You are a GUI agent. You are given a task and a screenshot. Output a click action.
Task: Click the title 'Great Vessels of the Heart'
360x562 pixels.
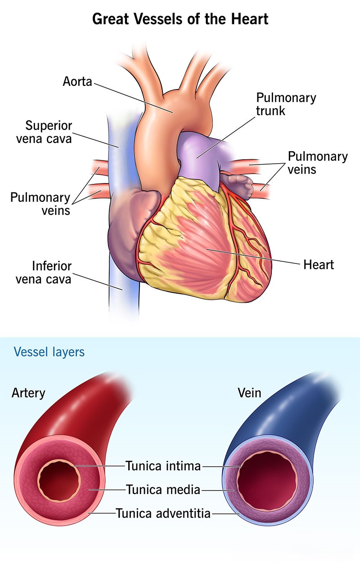180,19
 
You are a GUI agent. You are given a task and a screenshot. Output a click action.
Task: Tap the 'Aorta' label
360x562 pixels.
77,81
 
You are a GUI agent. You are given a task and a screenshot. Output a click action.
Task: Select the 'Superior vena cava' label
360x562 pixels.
44,132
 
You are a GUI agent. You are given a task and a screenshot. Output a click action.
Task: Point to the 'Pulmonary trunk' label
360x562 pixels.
286,104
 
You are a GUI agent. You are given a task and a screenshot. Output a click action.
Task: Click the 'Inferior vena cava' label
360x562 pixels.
44,272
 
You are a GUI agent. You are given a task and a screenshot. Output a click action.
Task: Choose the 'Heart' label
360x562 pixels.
319,265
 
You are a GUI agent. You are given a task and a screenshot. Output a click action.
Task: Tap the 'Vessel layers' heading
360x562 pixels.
49,352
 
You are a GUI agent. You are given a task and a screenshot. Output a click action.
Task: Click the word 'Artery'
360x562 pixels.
28,393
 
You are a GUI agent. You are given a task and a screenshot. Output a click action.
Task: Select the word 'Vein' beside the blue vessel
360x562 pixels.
249,393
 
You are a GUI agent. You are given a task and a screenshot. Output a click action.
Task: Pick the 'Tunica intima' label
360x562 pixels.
163,466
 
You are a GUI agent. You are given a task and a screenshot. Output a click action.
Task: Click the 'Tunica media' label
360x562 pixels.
163,490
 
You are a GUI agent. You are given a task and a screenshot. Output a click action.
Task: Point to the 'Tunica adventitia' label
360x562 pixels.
163,513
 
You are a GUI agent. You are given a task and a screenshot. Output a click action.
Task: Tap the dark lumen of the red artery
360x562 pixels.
59,480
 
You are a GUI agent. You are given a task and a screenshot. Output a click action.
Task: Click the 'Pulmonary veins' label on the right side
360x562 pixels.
318,163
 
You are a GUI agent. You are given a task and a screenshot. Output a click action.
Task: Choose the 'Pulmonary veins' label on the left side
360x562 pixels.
40,204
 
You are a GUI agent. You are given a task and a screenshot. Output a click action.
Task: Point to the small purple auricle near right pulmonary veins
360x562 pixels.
237,185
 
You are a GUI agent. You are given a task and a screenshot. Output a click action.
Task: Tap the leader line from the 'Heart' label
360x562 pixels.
252,257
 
